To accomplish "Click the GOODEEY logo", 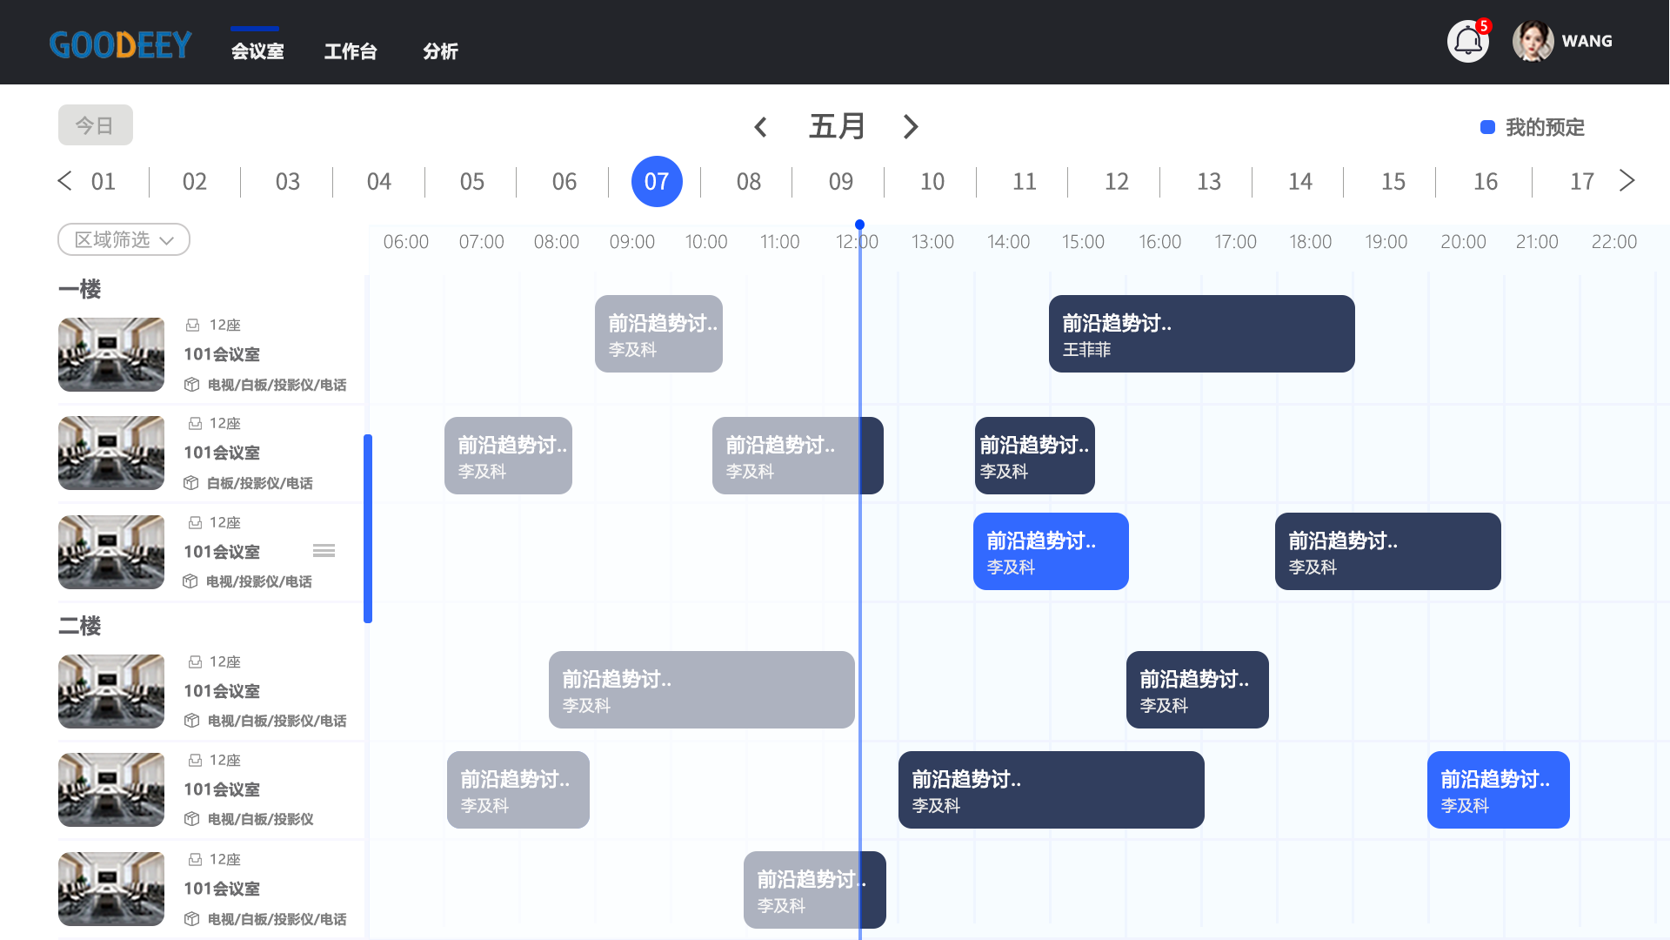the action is pos(120,44).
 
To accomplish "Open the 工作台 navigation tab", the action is pos(351,51).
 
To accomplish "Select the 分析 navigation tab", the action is pos(440,51).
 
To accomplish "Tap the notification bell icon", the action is pos(1468,41).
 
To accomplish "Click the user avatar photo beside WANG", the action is pos(1533,41).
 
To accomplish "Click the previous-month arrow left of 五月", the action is pos(760,127).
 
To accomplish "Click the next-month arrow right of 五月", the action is pos(911,127).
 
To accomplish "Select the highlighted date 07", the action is pos(657,181).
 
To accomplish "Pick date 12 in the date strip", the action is pos(1117,181).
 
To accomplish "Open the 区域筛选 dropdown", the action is pos(124,239).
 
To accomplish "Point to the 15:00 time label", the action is pos(1083,242).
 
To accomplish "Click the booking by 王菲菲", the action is pos(1201,333).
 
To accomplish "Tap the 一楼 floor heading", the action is pos(80,289).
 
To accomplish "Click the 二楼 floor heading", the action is pos(80,626).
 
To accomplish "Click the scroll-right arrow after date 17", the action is pos(1627,180).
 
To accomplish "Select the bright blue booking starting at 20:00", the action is pos(1498,789).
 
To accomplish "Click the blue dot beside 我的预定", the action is pos(1487,127).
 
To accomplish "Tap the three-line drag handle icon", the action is pos(324,550).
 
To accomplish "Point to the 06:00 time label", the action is pos(406,242).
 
